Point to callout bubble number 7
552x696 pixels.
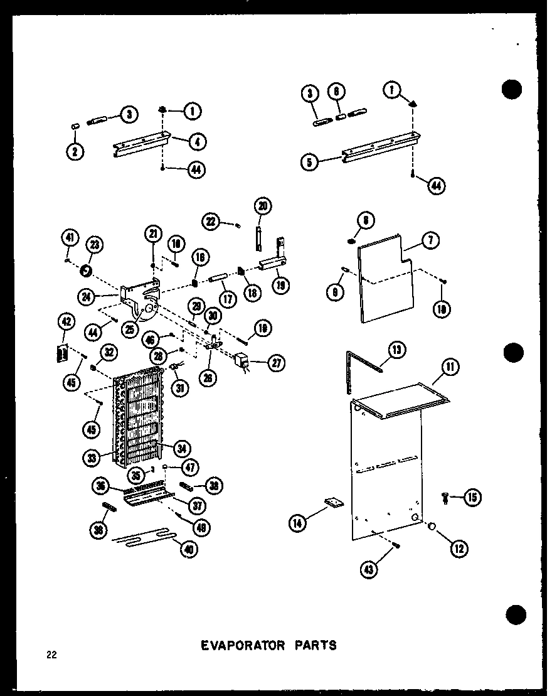[x=433, y=240]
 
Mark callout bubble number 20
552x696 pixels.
[x=263, y=206]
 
